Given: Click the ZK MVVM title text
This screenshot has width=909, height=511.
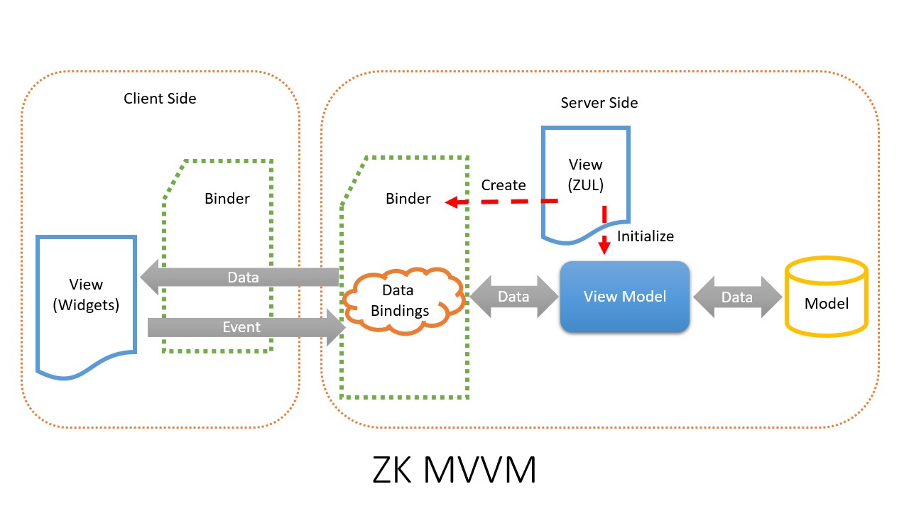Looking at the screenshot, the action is tap(454, 470).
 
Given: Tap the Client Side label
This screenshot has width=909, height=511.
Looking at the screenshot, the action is tap(160, 99).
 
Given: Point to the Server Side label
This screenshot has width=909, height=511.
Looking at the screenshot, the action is tap(599, 103).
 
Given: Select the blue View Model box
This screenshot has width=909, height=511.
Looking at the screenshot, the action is tap(624, 297).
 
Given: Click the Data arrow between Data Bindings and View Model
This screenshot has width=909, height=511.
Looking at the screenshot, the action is tap(513, 297).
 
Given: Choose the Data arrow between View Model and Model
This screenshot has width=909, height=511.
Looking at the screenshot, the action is tap(737, 297).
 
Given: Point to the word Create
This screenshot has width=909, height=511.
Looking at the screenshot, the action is tap(504, 185).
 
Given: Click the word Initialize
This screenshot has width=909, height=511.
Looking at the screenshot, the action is tap(646, 236).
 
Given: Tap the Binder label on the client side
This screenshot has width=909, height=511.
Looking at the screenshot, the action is tap(227, 198).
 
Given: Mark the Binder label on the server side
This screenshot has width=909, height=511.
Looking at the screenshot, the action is tap(408, 198).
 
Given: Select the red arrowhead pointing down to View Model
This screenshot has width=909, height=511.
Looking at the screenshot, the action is tap(604, 245).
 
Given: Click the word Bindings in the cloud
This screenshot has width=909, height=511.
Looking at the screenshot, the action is tap(400, 311).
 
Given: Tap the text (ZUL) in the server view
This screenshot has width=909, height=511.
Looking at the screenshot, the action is tap(586, 185).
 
